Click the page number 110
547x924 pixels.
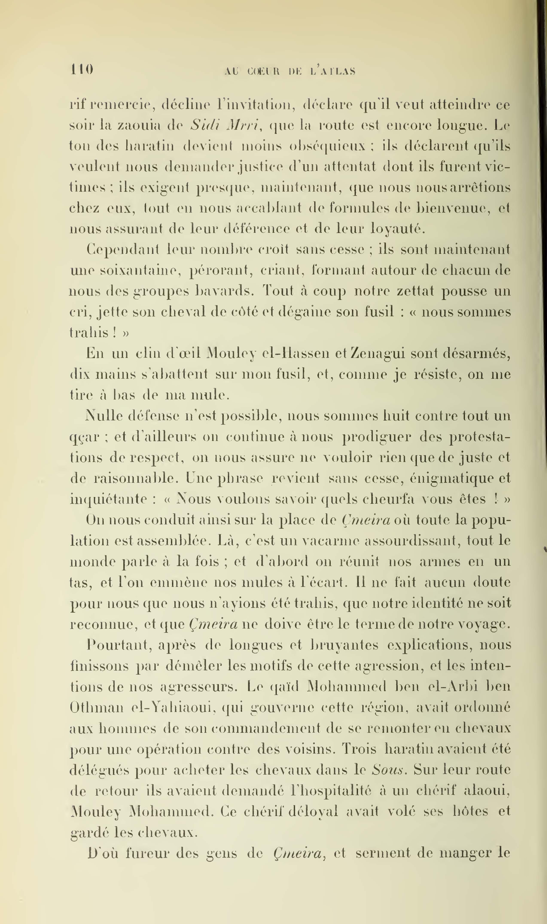[x=82, y=69]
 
